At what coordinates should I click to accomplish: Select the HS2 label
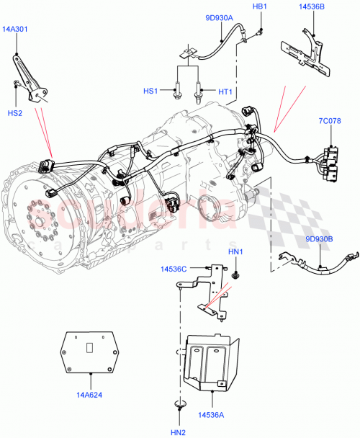(x=14, y=113)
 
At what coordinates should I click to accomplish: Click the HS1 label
(x=150, y=91)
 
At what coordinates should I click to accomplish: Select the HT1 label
(x=225, y=91)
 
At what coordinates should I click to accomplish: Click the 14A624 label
(x=91, y=395)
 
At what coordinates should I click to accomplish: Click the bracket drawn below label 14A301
(x=33, y=79)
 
